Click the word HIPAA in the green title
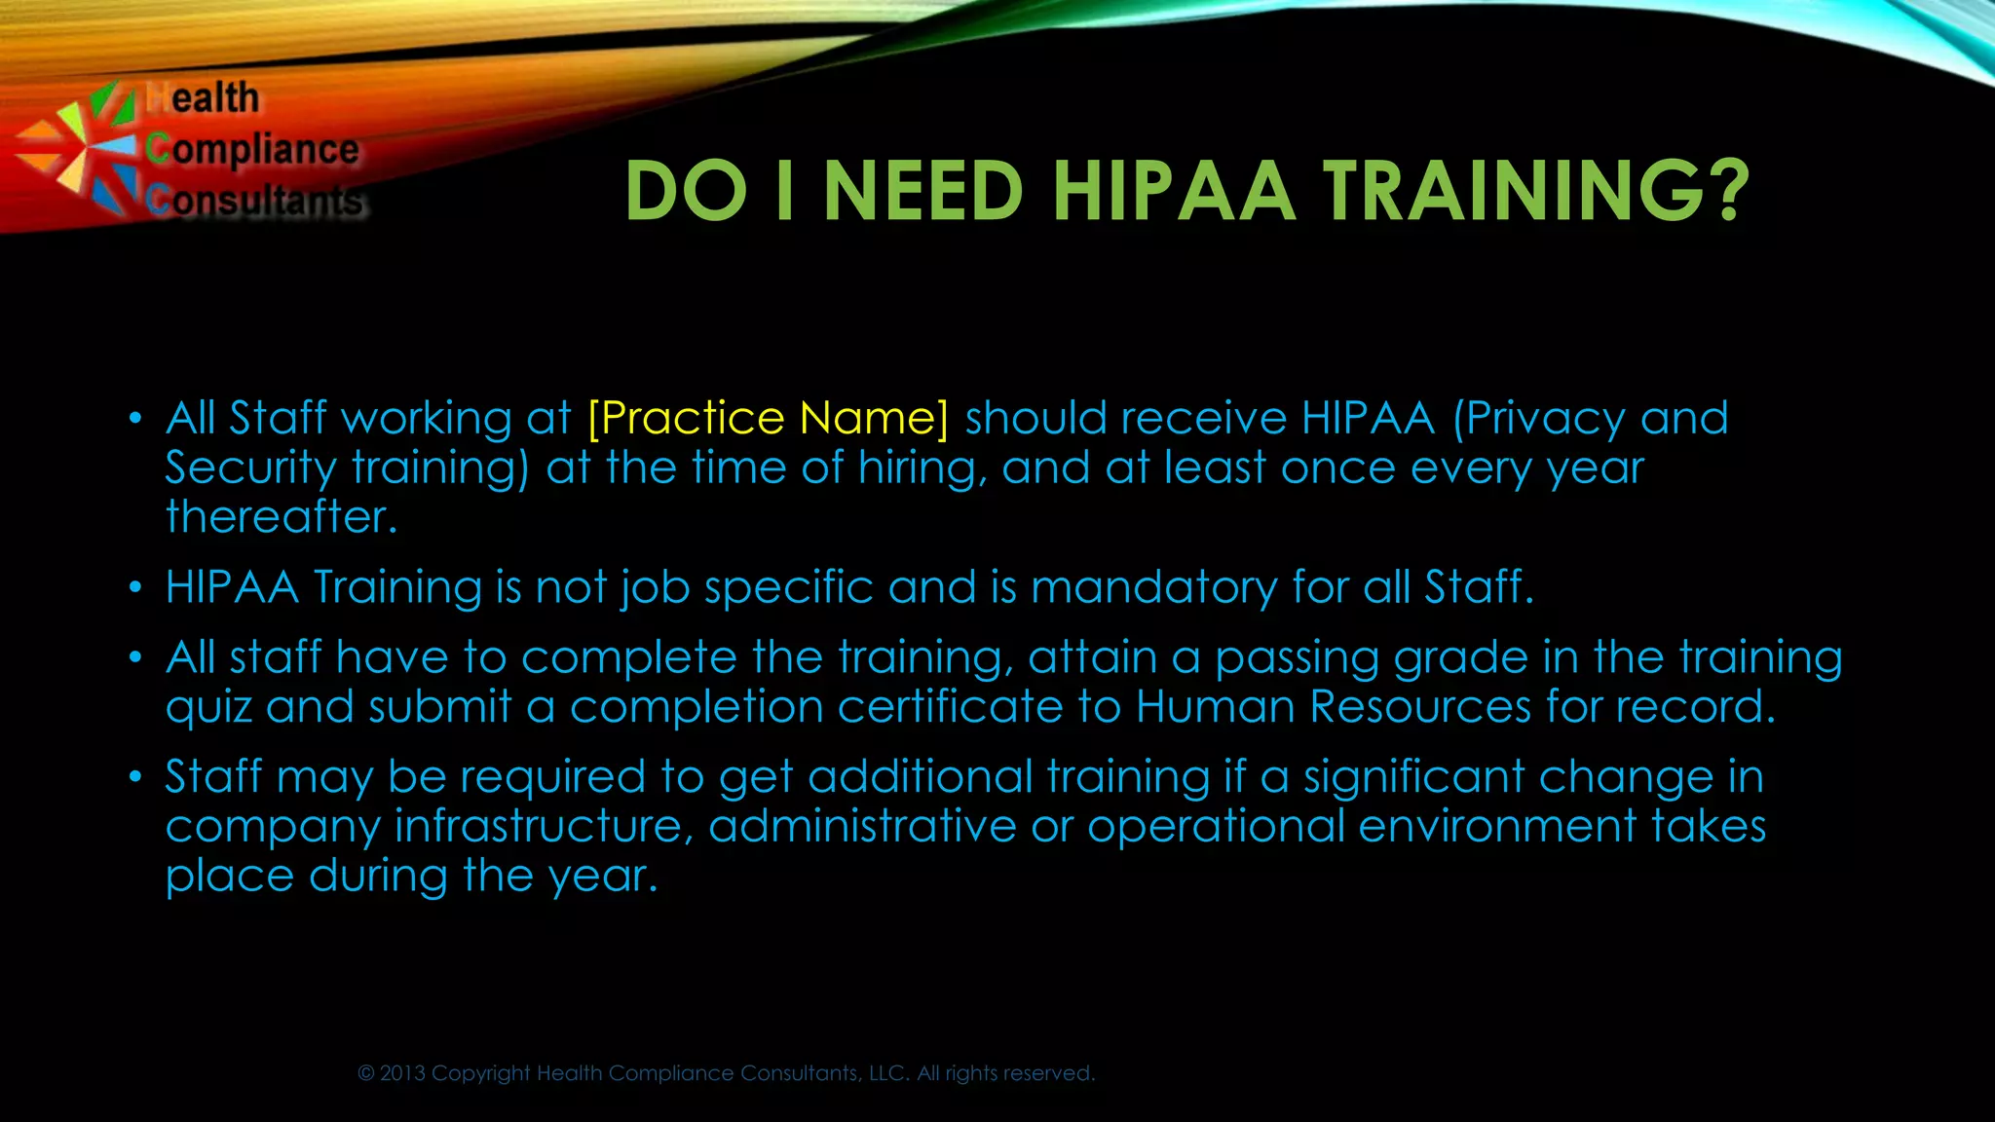coord(1173,191)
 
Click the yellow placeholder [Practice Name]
coord(768,418)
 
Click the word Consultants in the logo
coord(255,201)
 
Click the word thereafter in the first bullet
coord(282,516)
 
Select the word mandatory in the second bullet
coord(1154,587)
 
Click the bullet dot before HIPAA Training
coord(136,588)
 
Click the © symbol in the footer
coord(366,1073)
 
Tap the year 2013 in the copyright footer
coord(402,1073)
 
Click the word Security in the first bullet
coord(250,468)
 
